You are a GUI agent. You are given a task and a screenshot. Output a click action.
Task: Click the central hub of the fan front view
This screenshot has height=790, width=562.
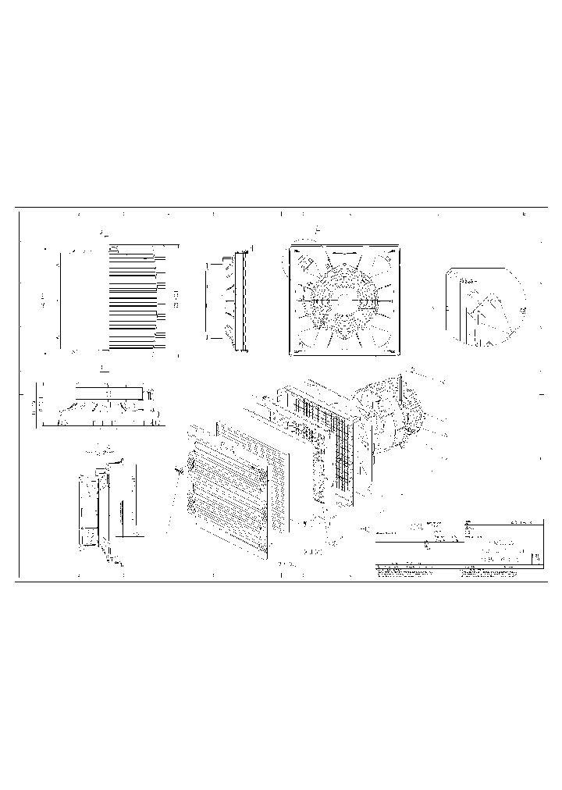(x=345, y=301)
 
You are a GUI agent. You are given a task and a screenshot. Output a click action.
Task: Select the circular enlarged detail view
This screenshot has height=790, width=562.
(x=483, y=305)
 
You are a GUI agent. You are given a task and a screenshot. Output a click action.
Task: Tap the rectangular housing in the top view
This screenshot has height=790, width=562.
(x=108, y=392)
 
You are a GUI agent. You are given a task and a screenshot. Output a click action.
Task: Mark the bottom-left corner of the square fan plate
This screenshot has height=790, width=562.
(x=292, y=352)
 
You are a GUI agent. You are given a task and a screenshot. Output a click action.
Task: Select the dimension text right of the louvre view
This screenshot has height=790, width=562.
(x=176, y=297)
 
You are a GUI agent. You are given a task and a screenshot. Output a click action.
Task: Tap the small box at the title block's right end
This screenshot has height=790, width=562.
(x=536, y=559)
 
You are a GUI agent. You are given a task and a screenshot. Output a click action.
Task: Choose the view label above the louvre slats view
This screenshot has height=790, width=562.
(x=104, y=233)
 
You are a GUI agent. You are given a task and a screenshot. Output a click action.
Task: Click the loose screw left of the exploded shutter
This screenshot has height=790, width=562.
(x=180, y=468)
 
